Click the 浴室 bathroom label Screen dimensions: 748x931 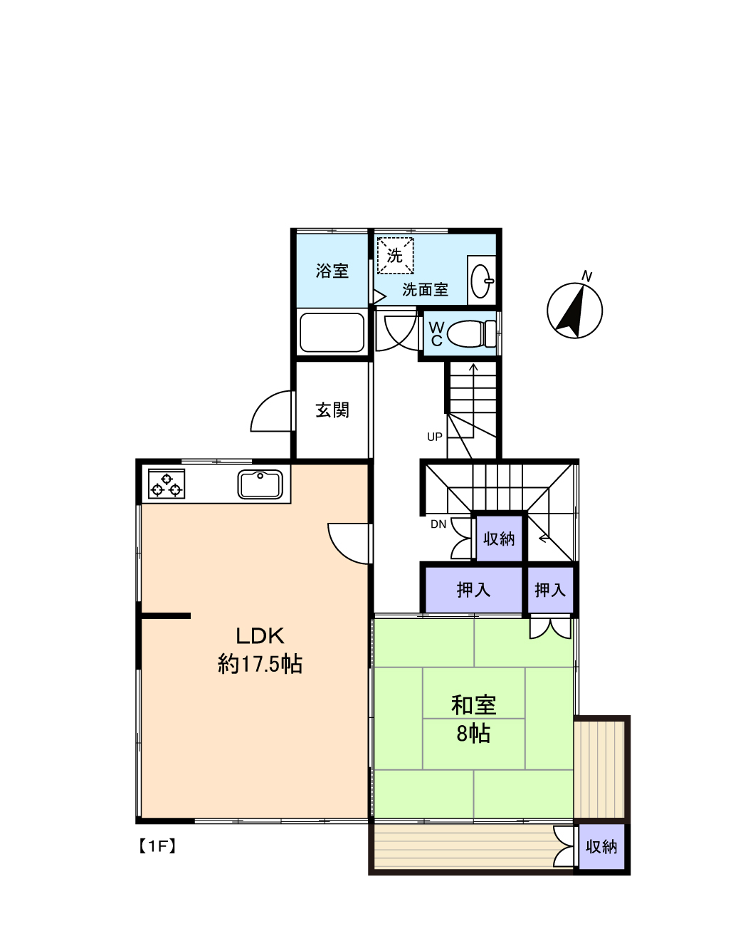(x=332, y=271)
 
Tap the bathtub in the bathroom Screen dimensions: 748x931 (x=332, y=332)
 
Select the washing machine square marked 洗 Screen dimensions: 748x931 (x=395, y=255)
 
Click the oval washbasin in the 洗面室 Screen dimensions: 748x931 (x=481, y=281)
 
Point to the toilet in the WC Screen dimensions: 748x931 (x=471, y=333)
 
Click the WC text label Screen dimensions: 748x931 (x=436, y=334)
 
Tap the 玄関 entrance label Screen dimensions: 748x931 (x=332, y=410)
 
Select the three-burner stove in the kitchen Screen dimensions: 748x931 (x=167, y=484)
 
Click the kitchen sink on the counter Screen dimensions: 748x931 (x=260, y=484)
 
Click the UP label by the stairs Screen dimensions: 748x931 (x=435, y=437)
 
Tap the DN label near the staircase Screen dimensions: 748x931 (x=438, y=524)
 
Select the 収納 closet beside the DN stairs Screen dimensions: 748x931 (x=499, y=539)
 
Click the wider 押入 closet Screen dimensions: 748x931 (x=473, y=590)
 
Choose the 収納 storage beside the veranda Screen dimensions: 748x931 (x=601, y=847)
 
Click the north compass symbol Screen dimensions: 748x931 (x=574, y=309)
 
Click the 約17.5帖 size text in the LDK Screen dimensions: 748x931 (x=260, y=664)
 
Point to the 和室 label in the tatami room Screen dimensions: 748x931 (x=473, y=704)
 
